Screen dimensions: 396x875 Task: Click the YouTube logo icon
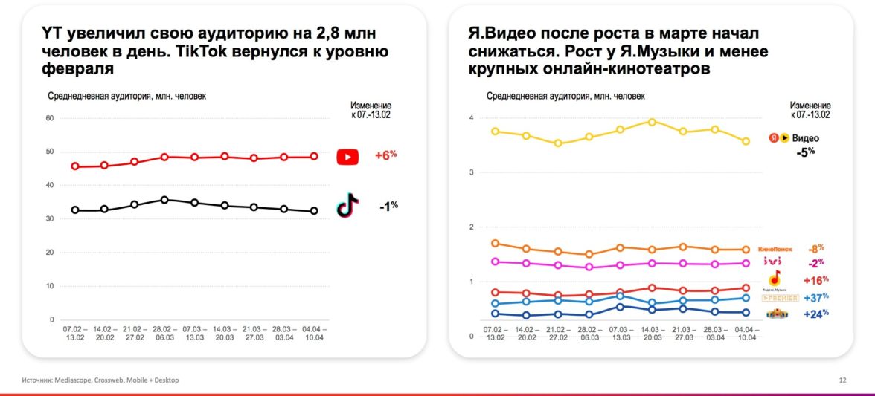coord(347,157)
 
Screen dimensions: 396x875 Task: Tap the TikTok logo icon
coord(347,206)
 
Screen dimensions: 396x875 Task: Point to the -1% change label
coord(386,206)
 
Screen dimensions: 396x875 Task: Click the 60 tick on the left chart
coord(50,118)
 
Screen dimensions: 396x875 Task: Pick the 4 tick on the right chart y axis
coord(471,119)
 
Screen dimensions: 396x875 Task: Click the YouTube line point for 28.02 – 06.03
coord(164,158)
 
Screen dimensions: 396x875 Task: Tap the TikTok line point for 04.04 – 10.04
coord(314,211)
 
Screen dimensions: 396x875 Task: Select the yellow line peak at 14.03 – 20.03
coord(652,122)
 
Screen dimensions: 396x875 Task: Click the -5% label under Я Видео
coord(806,152)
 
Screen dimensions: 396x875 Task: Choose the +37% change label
coord(816,298)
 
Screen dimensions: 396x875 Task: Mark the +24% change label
coord(816,314)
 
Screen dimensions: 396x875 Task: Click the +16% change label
coord(816,280)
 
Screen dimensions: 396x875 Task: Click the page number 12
coord(842,380)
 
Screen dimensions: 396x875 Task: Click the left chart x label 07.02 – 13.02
coord(75,332)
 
